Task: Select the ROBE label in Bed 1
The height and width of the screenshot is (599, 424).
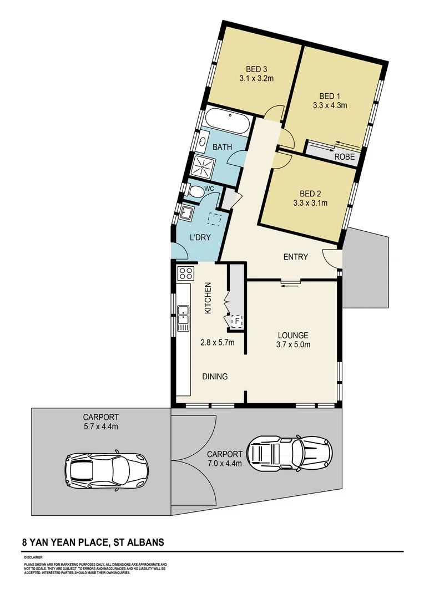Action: [x=344, y=157]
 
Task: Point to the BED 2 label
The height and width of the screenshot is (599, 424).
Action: [x=310, y=194]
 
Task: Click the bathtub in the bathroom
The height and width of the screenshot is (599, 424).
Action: [x=226, y=121]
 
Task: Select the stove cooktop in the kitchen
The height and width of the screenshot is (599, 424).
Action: [x=185, y=273]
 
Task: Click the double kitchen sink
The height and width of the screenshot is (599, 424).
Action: [x=183, y=318]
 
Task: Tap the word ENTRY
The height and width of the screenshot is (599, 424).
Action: [x=295, y=257]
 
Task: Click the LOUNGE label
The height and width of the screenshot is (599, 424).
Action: [x=293, y=335]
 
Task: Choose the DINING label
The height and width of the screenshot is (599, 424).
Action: [x=215, y=377]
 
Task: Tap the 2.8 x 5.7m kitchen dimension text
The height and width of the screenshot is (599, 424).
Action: [x=217, y=342]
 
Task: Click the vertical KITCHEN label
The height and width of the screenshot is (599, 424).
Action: [x=208, y=298]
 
